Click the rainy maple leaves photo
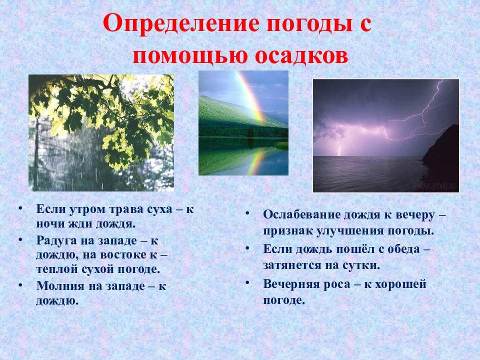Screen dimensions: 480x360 pos(101,133)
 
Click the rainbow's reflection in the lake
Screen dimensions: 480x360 pos(255,161)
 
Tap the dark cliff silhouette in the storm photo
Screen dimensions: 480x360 pos(441,150)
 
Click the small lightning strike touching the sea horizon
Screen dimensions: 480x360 pos(339,150)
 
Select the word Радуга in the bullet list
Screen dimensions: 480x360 pos(56,240)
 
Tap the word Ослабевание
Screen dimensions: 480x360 pos(302,215)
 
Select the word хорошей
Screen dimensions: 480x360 pos(400,284)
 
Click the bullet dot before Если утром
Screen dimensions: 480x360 pos(20,208)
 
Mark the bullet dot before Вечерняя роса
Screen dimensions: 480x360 pos(247,282)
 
